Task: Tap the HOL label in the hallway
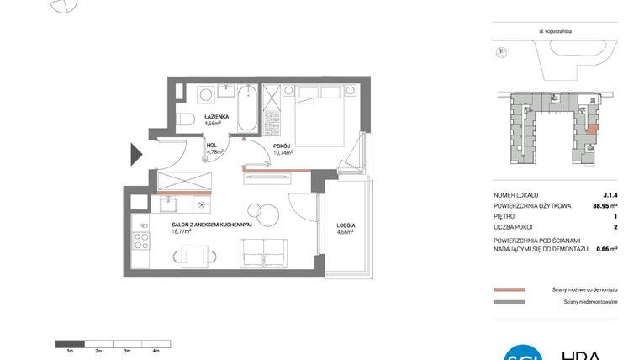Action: point(212,145)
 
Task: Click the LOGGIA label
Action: point(345,225)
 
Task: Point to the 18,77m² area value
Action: point(183,232)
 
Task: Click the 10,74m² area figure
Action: point(283,152)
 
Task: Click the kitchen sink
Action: point(167,203)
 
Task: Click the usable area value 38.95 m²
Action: point(603,204)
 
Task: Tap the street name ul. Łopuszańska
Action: point(556,29)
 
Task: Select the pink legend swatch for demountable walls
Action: point(510,289)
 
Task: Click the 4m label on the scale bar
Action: point(156,351)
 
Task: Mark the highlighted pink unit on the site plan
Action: point(592,130)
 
